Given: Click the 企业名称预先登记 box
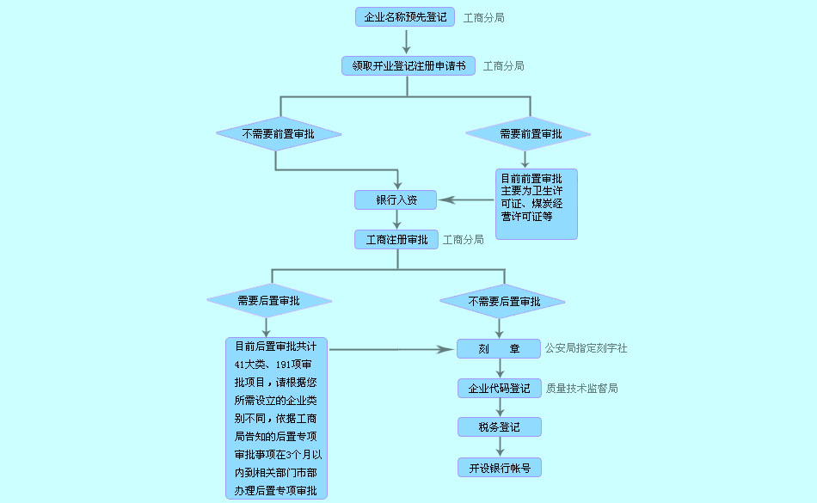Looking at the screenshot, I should click(405, 17).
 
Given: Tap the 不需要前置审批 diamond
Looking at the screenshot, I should click(278, 134).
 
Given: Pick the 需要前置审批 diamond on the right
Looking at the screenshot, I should click(528, 134).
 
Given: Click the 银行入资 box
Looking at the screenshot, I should click(396, 200).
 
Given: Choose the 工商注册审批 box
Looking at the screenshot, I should click(396, 240).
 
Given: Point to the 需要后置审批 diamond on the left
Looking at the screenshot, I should click(268, 301).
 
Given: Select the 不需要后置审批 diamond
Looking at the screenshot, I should click(503, 302).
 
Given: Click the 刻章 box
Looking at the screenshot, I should click(500, 349).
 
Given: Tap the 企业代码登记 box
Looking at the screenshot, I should click(500, 389).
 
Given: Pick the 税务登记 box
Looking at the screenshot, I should click(500, 427).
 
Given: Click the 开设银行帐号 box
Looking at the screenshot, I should click(500, 468).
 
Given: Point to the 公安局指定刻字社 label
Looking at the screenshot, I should click(586, 349).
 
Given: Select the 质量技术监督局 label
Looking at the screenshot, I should click(581, 389).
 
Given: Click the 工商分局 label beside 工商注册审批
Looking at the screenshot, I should click(463, 240).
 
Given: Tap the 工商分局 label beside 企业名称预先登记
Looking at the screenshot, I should click(483, 17).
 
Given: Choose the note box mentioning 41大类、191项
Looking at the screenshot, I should click(276, 419).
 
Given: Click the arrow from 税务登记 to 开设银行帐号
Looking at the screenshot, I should click(500, 447).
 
